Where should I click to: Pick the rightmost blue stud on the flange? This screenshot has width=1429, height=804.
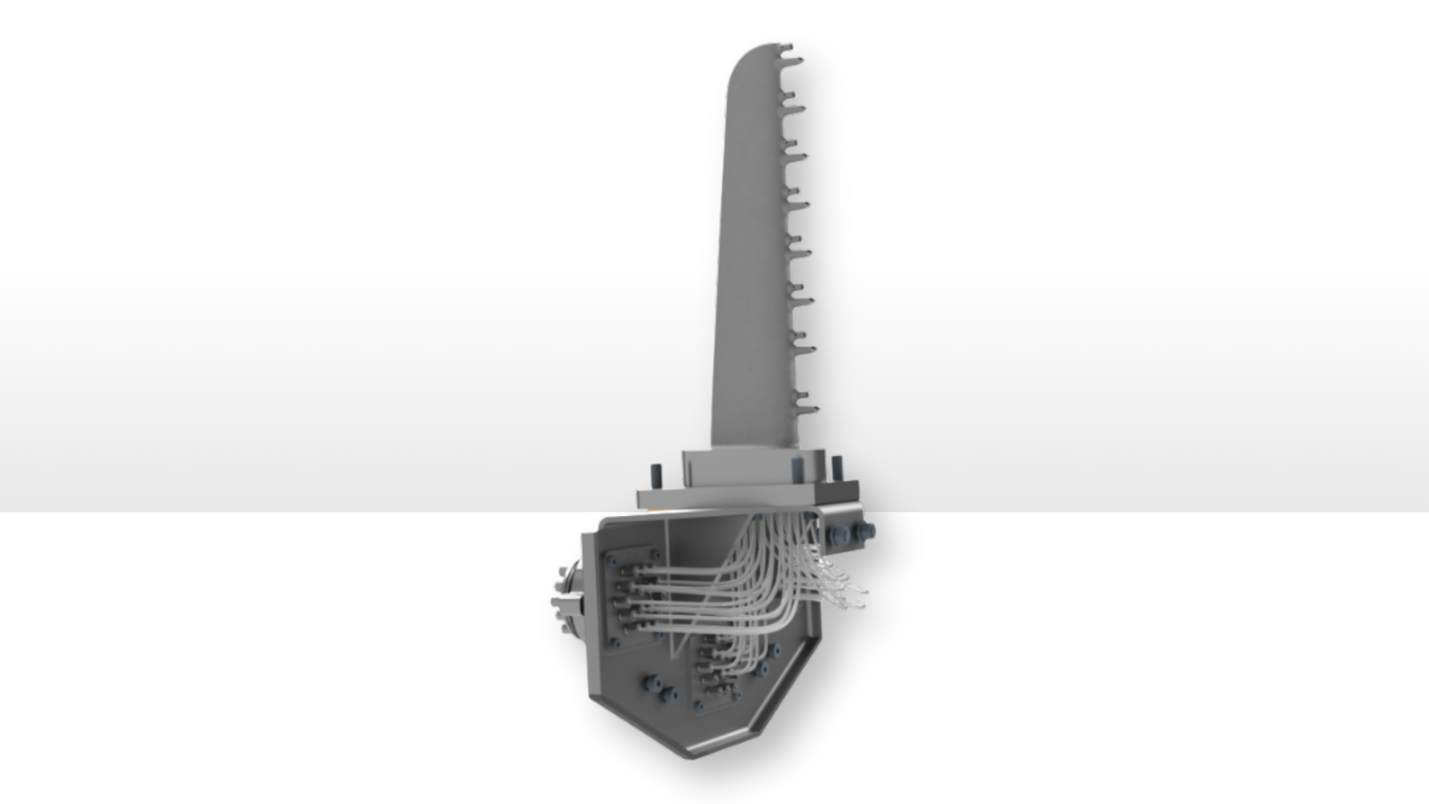tap(837, 468)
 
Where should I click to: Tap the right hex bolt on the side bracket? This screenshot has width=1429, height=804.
tap(866, 530)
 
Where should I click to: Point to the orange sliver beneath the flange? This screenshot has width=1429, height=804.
tap(655, 511)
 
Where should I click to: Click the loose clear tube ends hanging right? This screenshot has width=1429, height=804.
tap(848, 588)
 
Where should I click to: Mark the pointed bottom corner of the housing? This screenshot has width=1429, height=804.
tap(689, 756)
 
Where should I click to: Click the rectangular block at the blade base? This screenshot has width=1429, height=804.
tap(752, 469)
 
